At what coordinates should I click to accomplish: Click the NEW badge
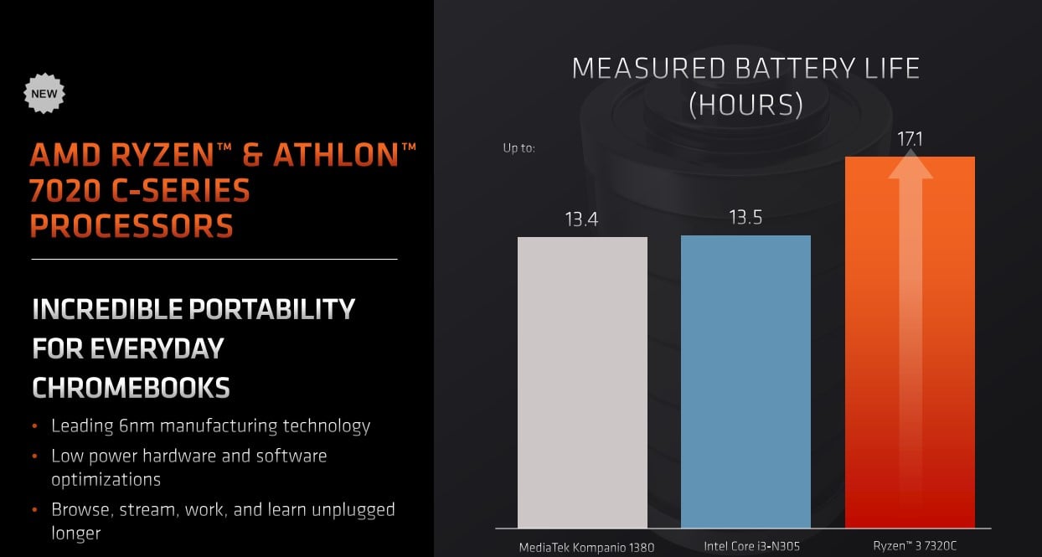tap(44, 94)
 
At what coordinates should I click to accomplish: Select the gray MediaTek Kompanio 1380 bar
tap(582, 383)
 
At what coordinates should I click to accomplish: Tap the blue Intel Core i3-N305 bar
tap(745, 382)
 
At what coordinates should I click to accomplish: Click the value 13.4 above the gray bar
tap(581, 219)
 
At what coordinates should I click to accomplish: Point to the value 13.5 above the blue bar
tap(745, 217)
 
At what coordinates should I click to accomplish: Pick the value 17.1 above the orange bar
tap(910, 139)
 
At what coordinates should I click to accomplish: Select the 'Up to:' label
tap(519, 148)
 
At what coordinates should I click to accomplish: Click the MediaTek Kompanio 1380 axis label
tap(586, 548)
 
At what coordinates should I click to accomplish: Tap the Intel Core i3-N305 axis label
tap(751, 546)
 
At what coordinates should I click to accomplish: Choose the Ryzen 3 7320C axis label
tap(915, 545)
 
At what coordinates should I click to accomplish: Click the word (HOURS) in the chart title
tap(746, 104)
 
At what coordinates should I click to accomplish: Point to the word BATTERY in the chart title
tap(796, 69)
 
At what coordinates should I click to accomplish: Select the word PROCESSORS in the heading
tap(132, 226)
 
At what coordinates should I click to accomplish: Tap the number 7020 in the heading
tap(65, 191)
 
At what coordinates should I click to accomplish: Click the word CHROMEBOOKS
tap(132, 388)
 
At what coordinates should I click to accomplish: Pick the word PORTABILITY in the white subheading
tap(271, 309)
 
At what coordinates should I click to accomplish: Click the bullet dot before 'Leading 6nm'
tap(35, 425)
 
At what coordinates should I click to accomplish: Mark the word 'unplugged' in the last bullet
tap(353, 510)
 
